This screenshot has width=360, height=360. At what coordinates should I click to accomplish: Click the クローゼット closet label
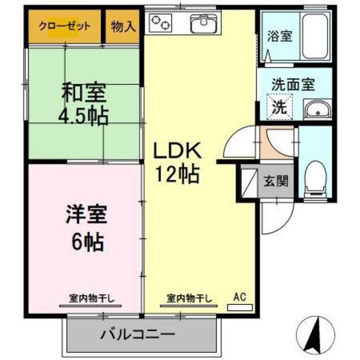tap(64, 26)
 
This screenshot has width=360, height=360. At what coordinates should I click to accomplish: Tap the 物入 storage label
tap(122, 26)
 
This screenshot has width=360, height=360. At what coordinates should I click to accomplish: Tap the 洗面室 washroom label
tap(292, 83)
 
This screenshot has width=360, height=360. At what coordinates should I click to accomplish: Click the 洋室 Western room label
tap(84, 213)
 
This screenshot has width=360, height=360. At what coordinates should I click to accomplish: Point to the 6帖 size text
tap(84, 242)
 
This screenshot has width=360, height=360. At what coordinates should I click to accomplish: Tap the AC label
tap(240, 297)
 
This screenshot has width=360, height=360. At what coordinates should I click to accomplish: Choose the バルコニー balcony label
tap(138, 334)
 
